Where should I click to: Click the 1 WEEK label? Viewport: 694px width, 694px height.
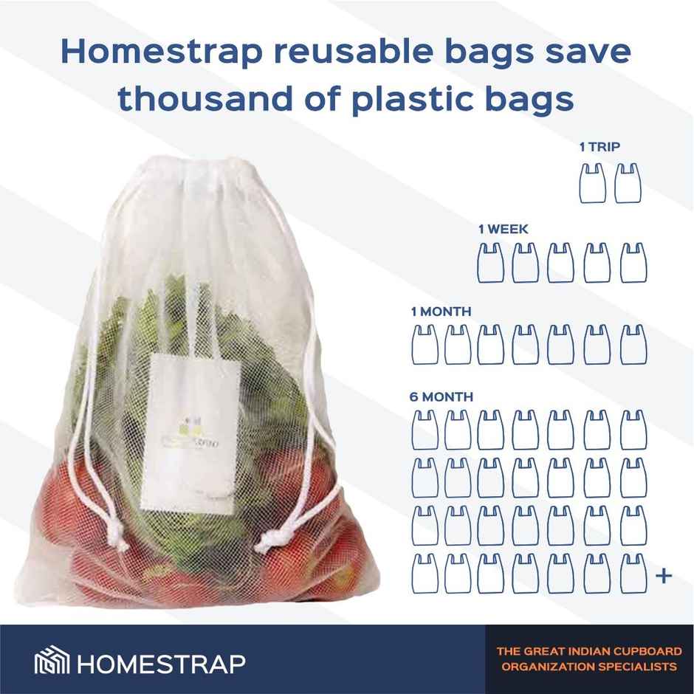pos(503,230)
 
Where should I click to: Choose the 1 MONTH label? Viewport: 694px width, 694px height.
pos(441,312)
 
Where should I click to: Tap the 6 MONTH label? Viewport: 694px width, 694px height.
pos(442,396)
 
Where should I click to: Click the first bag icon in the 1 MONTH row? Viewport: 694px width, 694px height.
pos(421,344)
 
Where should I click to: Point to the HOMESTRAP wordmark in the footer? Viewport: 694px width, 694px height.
pos(160,662)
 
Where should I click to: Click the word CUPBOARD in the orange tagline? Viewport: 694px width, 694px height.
pos(642,652)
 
